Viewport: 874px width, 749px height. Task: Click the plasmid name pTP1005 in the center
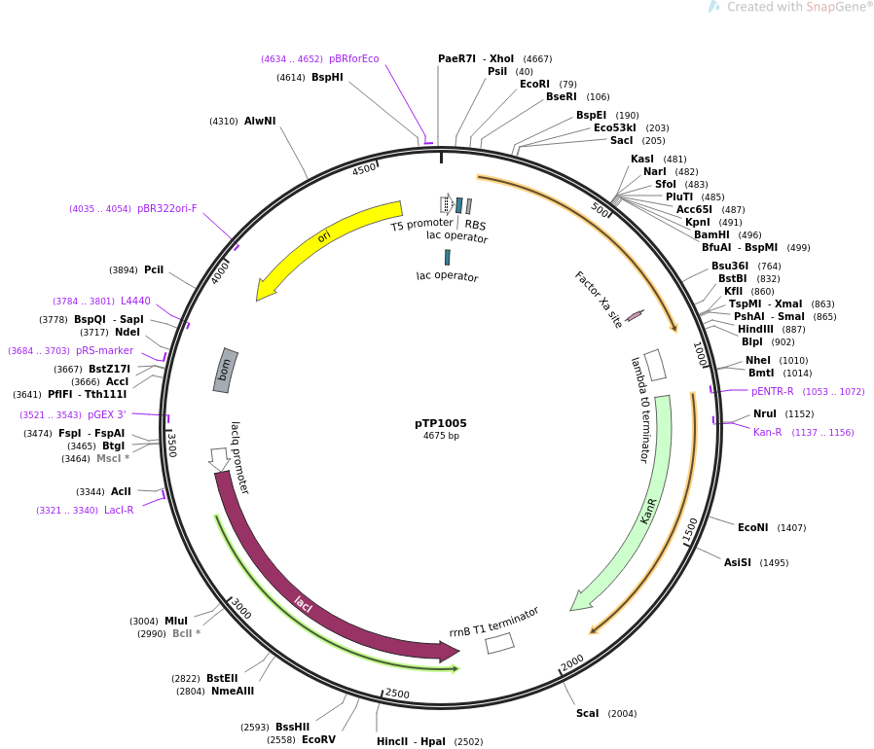pos(440,423)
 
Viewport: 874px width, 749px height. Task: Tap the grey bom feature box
pos(225,371)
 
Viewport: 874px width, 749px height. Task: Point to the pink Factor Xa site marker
pos(635,316)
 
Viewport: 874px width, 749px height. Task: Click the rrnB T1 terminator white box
pos(499,644)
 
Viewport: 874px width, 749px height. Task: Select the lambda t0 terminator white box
pos(655,365)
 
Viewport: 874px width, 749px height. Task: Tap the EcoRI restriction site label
pos(534,85)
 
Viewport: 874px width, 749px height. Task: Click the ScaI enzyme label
pos(588,713)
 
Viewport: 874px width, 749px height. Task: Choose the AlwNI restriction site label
pos(260,121)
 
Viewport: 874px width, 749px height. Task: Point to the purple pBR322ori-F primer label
pos(166,208)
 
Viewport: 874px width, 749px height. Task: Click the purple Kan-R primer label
pos(768,432)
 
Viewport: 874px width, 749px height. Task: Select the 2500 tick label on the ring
pos(397,694)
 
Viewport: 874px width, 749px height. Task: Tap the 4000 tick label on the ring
pos(220,272)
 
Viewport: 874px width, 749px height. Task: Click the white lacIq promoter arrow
pos(219,459)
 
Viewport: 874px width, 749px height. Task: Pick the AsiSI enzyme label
pos(738,563)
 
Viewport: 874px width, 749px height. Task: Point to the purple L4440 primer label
pos(135,301)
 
